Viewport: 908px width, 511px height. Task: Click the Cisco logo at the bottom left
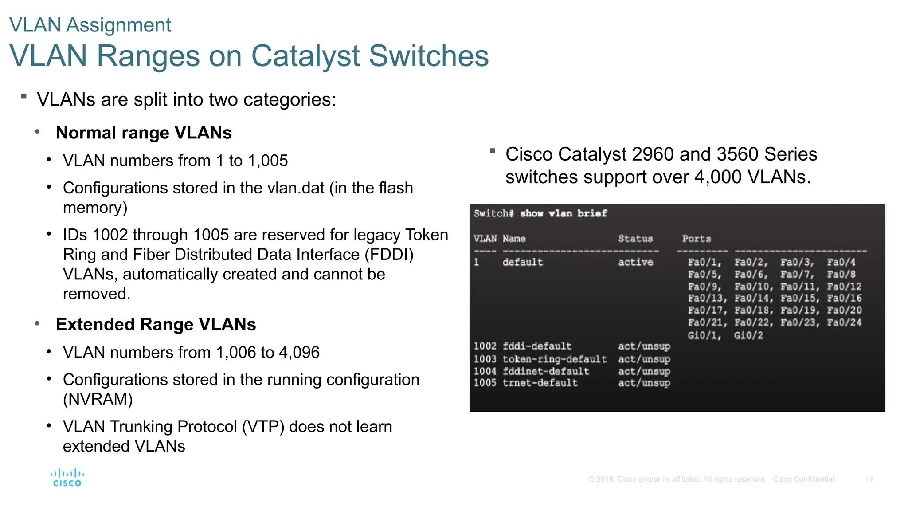click(67, 478)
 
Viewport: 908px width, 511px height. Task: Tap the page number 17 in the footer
click(869, 480)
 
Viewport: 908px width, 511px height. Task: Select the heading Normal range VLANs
click(144, 133)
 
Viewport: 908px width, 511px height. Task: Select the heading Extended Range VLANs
click(156, 324)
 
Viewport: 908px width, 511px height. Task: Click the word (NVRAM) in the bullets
click(98, 399)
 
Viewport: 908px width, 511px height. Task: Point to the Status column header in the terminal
click(635, 239)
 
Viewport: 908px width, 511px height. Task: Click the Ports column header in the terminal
click(696, 239)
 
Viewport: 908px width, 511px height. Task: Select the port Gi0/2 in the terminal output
click(748, 335)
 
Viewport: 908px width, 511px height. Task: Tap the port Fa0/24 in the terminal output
click(844, 322)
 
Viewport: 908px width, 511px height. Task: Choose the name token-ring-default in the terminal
click(554, 359)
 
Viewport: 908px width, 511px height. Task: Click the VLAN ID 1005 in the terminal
click(485, 383)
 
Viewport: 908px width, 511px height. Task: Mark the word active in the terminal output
click(635, 262)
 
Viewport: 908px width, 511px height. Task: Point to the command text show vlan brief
click(563, 213)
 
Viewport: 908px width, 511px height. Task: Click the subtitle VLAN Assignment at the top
click(90, 25)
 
